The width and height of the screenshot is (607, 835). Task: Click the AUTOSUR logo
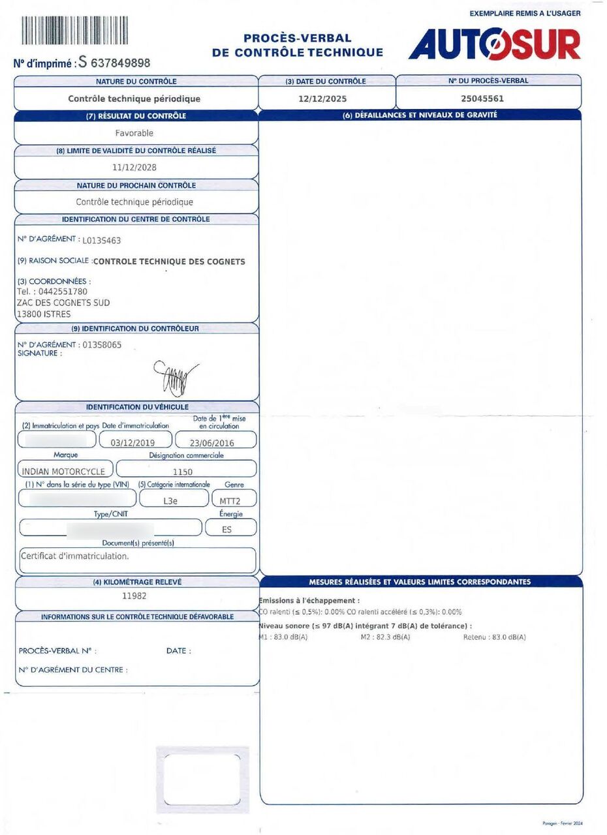click(494, 44)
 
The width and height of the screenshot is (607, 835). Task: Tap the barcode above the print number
click(74, 30)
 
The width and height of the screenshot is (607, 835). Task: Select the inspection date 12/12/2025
click(322, 99)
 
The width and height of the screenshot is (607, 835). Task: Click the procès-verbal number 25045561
click(482, 99)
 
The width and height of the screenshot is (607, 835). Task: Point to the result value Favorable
click(134, 133)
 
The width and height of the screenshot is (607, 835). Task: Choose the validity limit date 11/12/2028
click(134, 167)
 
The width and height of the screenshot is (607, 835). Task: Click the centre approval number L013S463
click(101, 240)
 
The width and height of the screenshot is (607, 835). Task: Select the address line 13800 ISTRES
click(44, 314)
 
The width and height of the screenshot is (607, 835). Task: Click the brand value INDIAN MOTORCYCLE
click(63, 471)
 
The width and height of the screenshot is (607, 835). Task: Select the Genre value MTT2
click(233, 502)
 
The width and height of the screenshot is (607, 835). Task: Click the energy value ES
click(226, 530)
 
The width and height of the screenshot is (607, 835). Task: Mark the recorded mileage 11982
click(134, 596)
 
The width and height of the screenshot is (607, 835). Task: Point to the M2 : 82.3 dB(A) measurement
click(385, 637)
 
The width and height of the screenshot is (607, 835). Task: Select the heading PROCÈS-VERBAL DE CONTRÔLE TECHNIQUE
click(298, 46)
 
